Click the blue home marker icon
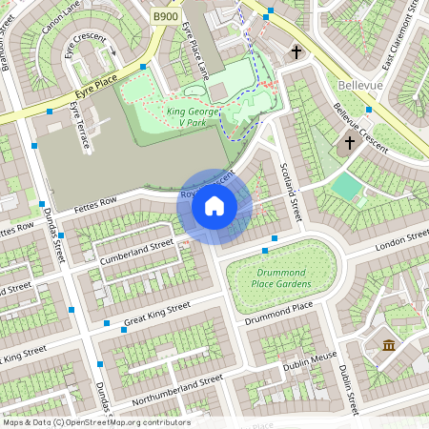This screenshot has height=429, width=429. [x=214, y=206]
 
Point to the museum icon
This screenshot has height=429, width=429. [x=388, y=344]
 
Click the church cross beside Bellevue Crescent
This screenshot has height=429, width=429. [x=349, y=143]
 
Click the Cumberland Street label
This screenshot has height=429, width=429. [x=136, y=250]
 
